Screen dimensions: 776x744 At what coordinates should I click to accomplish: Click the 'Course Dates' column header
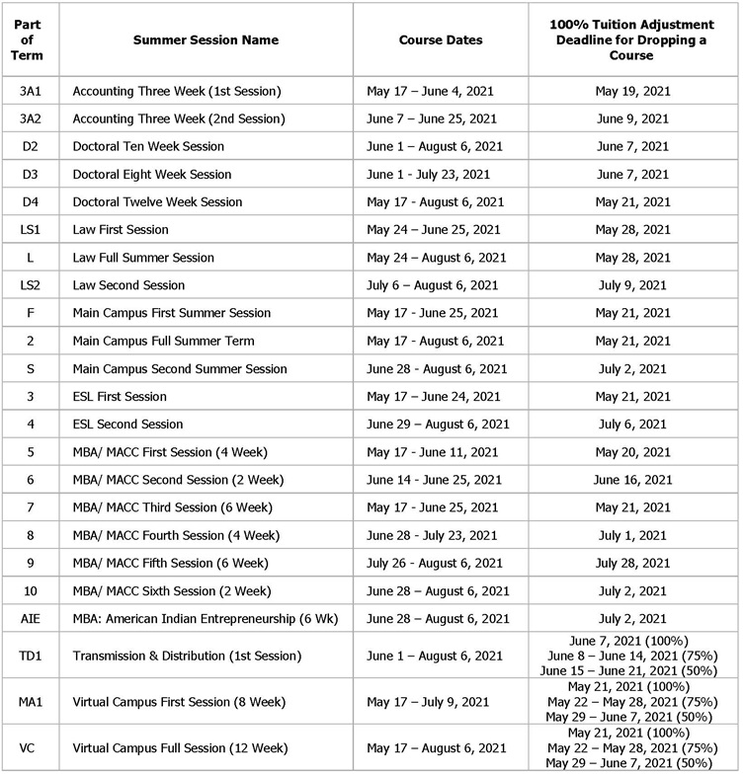point(441,40)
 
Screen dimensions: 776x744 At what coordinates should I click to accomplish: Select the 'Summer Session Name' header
point(207,40)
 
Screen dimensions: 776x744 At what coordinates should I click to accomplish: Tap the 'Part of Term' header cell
point(31,40)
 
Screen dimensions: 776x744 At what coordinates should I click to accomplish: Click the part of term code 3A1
point(31,91)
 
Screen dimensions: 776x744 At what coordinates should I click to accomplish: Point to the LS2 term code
point(31,285)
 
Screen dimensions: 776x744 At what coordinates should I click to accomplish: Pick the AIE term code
point(31,619)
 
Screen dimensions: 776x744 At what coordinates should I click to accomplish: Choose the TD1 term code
point(31,657)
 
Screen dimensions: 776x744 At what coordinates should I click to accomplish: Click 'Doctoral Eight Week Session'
point(152,175)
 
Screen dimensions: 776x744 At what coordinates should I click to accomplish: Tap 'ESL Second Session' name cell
point(127,425)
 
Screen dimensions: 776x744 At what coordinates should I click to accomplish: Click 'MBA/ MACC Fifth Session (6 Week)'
point(171,564)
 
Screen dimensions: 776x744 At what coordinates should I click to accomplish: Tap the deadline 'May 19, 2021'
point(632,91)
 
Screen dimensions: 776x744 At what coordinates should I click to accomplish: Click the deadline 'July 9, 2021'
point(632,285)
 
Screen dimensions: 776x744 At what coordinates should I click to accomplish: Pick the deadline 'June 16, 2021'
point(632,480)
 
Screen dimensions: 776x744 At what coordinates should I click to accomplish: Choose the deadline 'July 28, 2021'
point(632,564)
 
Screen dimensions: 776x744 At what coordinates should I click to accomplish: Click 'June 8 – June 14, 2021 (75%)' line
point(632,657)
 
